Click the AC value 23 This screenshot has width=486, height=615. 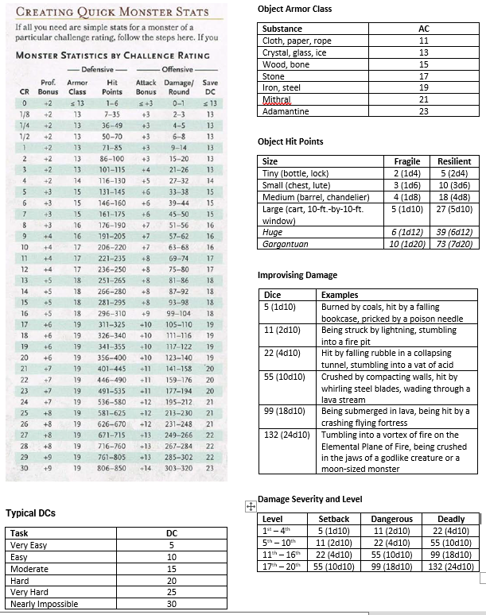pyautogui.click(x=423, y=111)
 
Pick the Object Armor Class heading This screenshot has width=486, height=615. pyautogui.click(x=295, y=9)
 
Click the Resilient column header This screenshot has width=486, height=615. pyautogui.click(x=454, y=161)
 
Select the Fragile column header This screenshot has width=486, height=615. pyautogui.click(x=406, y=161)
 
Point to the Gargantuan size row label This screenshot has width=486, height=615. pyautogui.click(x=285, y=244)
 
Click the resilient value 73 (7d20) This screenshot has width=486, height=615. pyautogui.click(x=454, y=244)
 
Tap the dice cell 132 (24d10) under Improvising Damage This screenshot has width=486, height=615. pyautogui.click(x=286, y=435)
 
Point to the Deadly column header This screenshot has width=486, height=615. pyautogui.click(x=451, y=519)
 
